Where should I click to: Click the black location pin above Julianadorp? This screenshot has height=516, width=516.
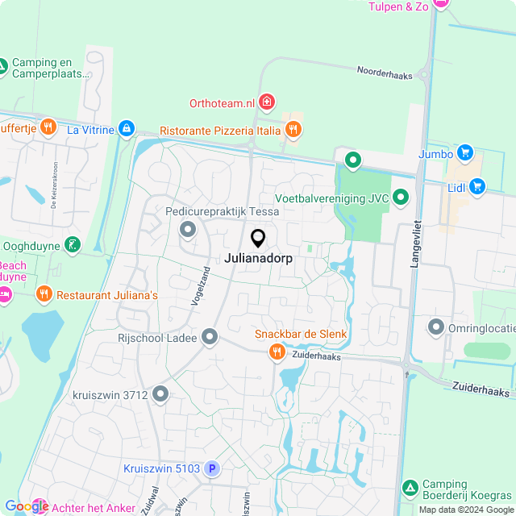[x=258, y=238]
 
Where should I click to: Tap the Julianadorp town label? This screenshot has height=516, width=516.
[x=258, y=260]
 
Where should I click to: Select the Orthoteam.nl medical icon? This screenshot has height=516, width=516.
[x=267, y=102]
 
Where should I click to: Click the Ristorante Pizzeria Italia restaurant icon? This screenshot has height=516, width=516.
[x=293, y=129]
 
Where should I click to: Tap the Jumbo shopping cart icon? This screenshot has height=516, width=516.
[x=464, y=152]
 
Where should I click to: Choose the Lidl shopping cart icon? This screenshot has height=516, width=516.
[x=477, y=187]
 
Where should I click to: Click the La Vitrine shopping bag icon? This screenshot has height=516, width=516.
[x=126, y=128]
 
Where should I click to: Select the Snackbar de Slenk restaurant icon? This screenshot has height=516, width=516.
[x=277, y=351]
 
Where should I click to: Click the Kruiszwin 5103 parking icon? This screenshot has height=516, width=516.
[x=212, y=468]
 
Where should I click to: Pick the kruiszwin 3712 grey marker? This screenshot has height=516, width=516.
[x=160, y=394]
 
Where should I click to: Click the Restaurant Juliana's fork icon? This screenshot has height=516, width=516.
[x=44, y=295]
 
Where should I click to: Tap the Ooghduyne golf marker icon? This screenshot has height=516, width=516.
[x=73, y=243]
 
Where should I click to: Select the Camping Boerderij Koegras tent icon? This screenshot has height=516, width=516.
[x=410, y=488]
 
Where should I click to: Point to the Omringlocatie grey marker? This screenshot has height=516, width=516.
[x=436, y=327]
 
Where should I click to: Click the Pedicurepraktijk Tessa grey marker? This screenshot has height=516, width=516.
[x=189, y=231]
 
